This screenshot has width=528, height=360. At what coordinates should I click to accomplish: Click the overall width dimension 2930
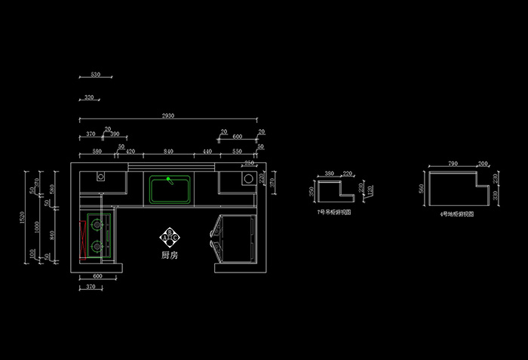pyautogui.click(x=167, y=115)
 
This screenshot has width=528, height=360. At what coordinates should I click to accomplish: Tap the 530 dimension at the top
pyautogui.click(x=95, y=75)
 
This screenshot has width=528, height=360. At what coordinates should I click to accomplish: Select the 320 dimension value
pyautogui.click(x=89, y=97)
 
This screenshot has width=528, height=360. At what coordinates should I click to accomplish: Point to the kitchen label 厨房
pyautogui.click(x=170, y=255)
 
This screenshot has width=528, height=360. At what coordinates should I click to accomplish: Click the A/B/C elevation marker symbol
pyautogui.click(x=170, y=237)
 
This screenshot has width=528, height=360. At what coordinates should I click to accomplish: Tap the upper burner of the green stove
pyautogui.click(x=96, y=224)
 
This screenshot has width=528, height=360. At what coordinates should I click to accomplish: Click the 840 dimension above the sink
pyautogui.click(x=169, y=152)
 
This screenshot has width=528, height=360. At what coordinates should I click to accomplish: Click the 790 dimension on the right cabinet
pyautogui.click(x=453, y=163)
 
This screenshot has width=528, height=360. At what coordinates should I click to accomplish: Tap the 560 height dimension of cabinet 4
pyautogui.click(x=422, y=189)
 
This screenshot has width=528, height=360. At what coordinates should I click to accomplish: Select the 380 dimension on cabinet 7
pyautogui.click(x=330, y=174)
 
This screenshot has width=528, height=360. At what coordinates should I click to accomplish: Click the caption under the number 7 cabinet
pyautogui.click(x=334, y=212)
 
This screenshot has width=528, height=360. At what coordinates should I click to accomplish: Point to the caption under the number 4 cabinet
pyautogui.click(x=456, y=214)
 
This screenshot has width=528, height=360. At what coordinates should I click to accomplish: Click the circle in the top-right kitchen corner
pyautogui.click(x=247, y=179)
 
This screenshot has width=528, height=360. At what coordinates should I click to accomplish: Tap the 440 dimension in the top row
pyautogui.click(x=206, y=152)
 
